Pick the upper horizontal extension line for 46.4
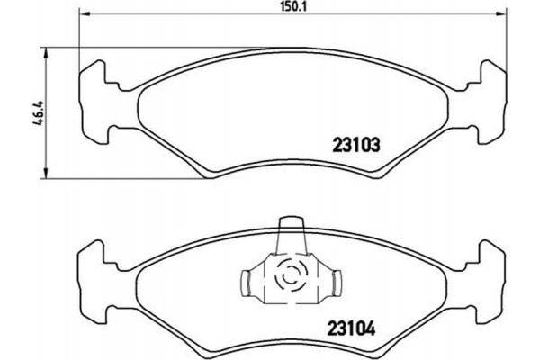click(x=135, y=47)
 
